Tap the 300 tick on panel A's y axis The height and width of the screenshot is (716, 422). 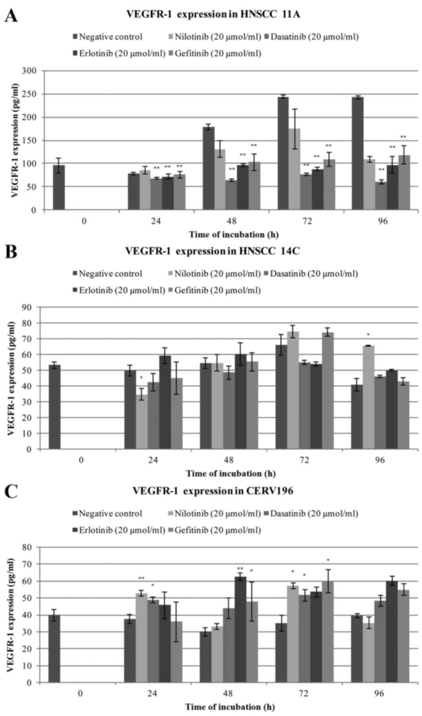(x=30, y=71)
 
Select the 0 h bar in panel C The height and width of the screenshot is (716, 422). (x=54, y=649)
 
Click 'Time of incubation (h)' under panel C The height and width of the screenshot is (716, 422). (x=229, y=706)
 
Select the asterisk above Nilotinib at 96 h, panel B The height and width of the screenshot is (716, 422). (x=368, y=334)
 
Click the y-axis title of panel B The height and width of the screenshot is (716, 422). (x=11, y=378)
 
